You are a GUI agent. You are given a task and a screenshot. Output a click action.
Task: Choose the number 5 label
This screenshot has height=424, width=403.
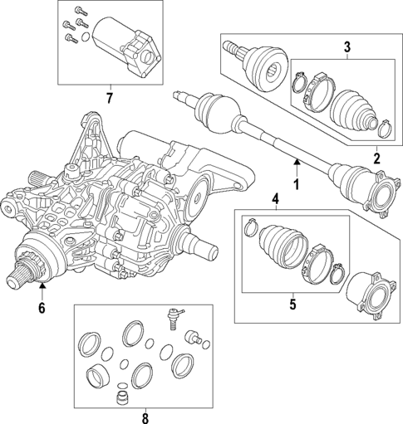tap(292, 304)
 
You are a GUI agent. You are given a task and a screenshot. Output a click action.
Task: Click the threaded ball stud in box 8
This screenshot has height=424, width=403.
tap(174, 318)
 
